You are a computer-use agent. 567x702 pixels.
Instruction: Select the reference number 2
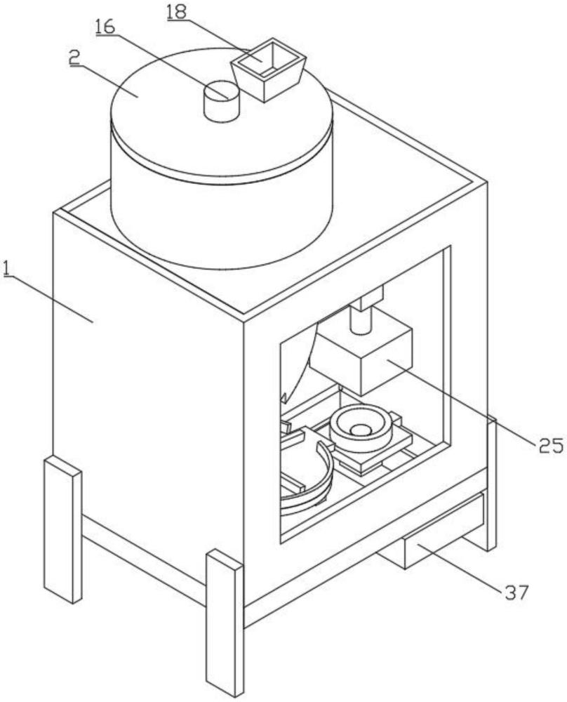[74, 58]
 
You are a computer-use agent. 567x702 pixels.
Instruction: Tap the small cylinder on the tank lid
[221, 102]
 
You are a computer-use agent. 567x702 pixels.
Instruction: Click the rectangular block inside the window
[362, 358]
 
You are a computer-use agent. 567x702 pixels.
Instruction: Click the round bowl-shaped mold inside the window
[361, 429]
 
